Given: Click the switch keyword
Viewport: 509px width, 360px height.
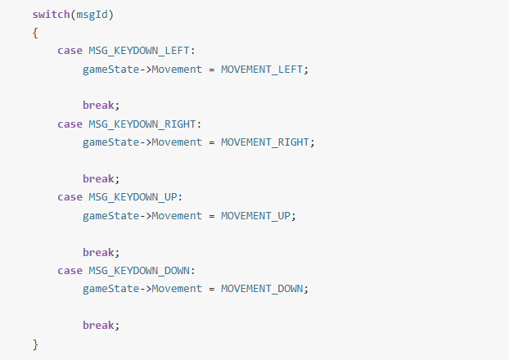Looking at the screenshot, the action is [x=51, y=15].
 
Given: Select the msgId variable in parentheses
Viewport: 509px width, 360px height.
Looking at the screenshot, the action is [x=92, y=15].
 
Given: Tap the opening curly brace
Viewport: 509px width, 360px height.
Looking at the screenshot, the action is [x=35, y=33].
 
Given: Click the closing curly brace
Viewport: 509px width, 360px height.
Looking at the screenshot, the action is [x=35, y=344].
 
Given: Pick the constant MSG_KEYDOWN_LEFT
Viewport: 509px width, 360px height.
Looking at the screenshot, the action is [x=139, y=51].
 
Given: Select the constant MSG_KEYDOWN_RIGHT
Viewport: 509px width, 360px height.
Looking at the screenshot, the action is [x=142, y=124].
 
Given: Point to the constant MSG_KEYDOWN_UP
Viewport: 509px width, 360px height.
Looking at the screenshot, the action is [x=133, y=197].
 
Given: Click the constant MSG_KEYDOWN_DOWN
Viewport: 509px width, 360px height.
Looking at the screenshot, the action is [x=139, y=271].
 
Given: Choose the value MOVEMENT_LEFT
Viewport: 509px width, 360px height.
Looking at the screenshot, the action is [x=262, y=70].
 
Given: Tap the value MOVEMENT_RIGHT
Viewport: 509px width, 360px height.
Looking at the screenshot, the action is [x=265, y=142].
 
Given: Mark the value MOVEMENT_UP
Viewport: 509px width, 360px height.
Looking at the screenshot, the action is [x=256, y=216].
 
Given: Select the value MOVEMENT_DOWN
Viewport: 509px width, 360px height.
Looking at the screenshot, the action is [x=262, y=289].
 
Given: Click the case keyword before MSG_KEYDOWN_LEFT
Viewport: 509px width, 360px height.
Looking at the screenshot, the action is [x=70, y=51].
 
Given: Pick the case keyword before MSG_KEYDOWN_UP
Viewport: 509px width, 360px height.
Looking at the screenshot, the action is [x=70, y=197].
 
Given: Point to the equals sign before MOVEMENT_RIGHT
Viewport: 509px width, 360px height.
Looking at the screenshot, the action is [x=212, y=143].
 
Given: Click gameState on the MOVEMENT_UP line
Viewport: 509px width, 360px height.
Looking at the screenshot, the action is [x=111, y=216].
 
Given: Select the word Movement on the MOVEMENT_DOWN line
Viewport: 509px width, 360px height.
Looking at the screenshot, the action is [x=177, y=289].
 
